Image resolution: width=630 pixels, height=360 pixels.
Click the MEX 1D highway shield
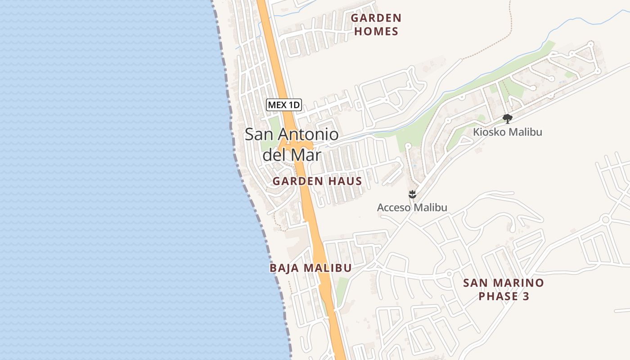[284, 105]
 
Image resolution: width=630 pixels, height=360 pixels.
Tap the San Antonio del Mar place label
[292, 144]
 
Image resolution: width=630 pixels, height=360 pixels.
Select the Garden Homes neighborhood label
[376, 25]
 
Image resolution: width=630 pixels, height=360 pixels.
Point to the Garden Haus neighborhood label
[317, 181]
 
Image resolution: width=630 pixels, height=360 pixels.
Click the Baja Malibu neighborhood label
[310, 268]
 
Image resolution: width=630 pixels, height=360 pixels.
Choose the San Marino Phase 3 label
[504, 289]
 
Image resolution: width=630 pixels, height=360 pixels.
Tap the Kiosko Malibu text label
[508, 132]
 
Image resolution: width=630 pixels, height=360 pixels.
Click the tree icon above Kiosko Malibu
[508, 119]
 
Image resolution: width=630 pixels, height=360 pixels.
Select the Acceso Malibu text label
[412, 207]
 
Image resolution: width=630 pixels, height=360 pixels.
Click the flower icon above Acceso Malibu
[412, 195]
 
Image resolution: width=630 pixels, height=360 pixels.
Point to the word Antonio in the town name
[308, 135]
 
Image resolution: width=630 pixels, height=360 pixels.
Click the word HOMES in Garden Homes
[376, 31]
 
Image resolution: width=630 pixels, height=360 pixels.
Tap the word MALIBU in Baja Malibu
[328, 268]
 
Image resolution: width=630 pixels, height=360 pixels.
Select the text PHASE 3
[504, 296]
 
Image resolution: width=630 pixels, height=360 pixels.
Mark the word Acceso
[394, 207]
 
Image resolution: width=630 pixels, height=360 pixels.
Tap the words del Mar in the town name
[292, 155]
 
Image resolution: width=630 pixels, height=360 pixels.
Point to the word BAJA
[285, 268]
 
